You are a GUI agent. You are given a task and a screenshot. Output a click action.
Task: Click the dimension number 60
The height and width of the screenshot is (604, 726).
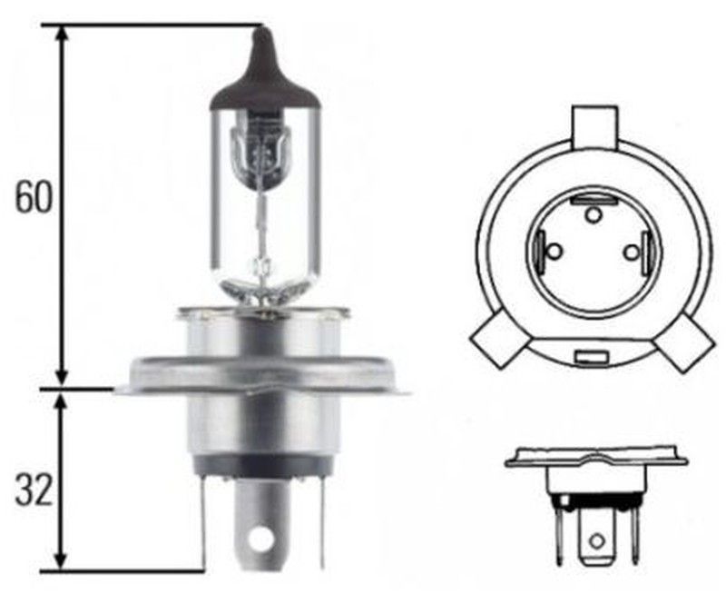click(34, 198)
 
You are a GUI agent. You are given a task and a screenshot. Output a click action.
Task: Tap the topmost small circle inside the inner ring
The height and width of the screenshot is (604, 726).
click(593, 215)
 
